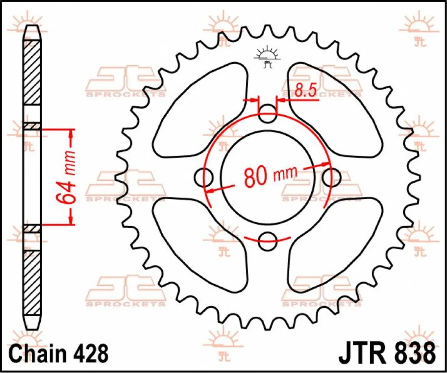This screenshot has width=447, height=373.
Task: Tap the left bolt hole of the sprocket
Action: pos(204,176)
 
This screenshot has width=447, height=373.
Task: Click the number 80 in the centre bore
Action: pos(256,177)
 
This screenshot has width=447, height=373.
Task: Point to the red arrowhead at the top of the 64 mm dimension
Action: pos(71,134)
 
